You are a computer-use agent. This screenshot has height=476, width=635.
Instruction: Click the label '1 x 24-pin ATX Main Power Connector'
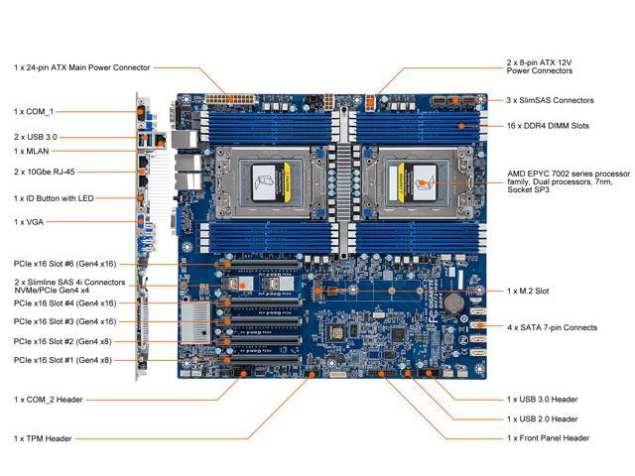click(x=82, y=67)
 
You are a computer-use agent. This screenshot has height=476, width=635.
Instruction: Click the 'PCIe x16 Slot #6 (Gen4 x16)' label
click(x=65, y=265)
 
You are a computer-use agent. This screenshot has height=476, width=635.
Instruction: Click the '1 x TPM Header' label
click(x=44, y=437)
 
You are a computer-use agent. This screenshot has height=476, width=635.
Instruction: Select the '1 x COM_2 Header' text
click(x=50, y=399)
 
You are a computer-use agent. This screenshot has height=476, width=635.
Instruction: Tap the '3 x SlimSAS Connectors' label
click(x=550, y=100)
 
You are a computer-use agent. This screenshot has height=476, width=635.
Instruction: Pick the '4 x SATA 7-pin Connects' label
click(x=552, y=326)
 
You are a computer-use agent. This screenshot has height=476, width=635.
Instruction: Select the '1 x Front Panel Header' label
click(x=548, y=437)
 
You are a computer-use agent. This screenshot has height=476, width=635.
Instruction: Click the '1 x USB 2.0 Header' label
click(x=543, y=417)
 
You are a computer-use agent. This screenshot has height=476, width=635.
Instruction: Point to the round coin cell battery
click(x=453, y=298)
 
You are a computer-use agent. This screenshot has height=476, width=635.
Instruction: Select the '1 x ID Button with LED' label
click(x=56, y=198)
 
